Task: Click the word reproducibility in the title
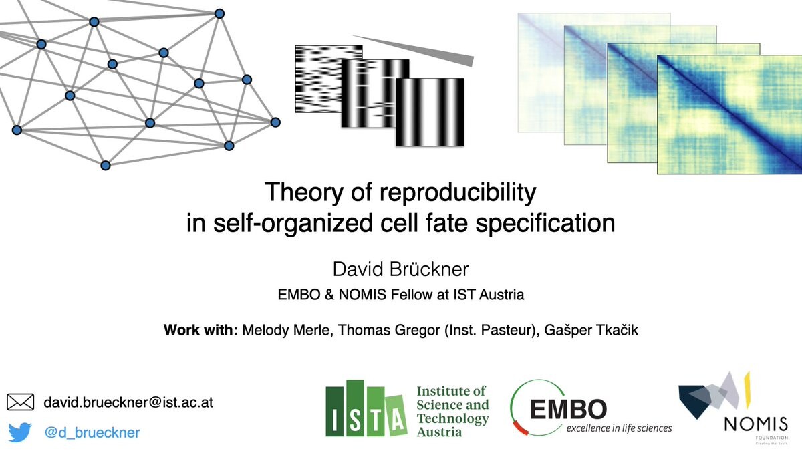pyautogui.click(x=458, y=193)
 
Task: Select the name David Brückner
pyautogui.click(x=400, y=269)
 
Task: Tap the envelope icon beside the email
pyautogui.click(x=21, y=402)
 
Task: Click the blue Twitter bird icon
pyautogui.click(x=20, y=432)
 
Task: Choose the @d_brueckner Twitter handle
pyautogui.click(x=92, y=432)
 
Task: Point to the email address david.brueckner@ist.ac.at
pyautogui.click(x=128, y=402)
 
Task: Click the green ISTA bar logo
pyautogui.click(x=366, y=409)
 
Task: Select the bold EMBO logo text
pyautogui.click(x=568, y=409)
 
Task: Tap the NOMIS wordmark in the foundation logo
pyautogui.click(x=756, y=424)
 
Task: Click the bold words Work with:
pyautogui.click(x=200, y=329)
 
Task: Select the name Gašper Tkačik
pyautogui.click(x=591, y=329)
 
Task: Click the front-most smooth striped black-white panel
pyautogui.click(x=430, y=112)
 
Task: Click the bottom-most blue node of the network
pyautogui.click(x=106, y=166)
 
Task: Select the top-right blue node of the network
pyautogui.click(x=219, y=13)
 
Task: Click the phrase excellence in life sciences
pyautogui.click(x=619, y=428)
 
